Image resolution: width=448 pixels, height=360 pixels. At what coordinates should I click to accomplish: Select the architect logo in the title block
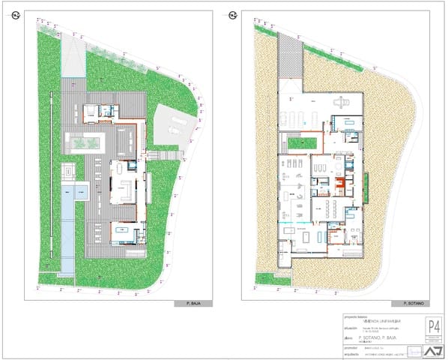434,351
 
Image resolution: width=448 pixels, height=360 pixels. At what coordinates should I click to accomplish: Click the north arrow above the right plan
234,15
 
